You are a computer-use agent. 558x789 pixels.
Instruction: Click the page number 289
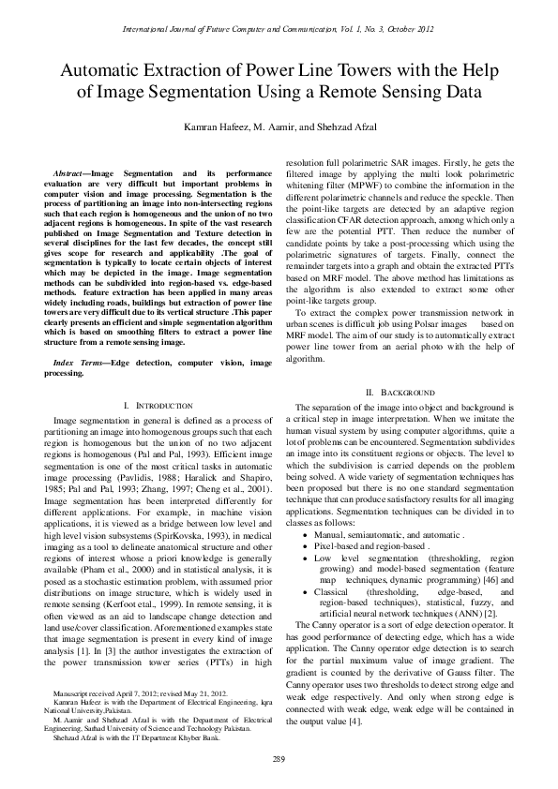click(279, 757)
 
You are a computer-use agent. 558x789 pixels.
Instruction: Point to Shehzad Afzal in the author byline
click(352, 127)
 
